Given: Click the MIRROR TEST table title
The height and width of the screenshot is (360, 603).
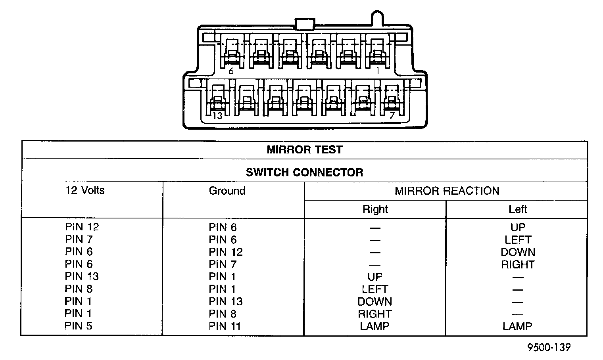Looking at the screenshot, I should coord(304,150).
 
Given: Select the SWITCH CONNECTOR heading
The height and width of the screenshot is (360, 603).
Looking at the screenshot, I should coord(304,172).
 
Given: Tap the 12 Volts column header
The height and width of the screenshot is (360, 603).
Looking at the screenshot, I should coord(85,190).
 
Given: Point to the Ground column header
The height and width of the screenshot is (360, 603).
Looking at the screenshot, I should coord(227,191).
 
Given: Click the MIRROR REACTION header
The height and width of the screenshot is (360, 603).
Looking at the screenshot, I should coord(447,191).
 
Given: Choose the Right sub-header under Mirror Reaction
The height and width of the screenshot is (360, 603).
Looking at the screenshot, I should coord(375,209).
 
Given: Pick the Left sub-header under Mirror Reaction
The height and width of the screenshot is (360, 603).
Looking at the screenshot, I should coord(517,209).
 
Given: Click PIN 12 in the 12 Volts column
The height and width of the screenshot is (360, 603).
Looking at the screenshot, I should coord(82,227).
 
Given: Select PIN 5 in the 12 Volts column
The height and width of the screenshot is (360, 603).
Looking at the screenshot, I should coord(79,326).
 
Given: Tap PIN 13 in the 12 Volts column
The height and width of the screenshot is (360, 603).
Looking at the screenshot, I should coord(82,276).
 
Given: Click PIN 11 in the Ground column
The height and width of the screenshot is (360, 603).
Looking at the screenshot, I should coord(225,326).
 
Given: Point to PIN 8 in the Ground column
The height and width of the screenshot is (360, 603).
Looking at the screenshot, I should coord(222,314).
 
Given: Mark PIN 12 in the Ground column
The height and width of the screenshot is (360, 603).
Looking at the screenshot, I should coord(225,252).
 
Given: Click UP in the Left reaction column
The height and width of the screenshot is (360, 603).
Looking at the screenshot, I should coord(517,227).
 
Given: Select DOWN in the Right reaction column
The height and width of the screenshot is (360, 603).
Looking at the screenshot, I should coord(374,302).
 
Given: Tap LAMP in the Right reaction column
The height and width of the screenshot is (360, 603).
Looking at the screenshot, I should coord(374,326).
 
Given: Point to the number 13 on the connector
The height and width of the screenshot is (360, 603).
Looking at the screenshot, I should coord(217,116).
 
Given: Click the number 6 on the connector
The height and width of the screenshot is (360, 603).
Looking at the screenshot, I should coord(231,72).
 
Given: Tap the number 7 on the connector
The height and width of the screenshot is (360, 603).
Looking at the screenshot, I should coord(392,116).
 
